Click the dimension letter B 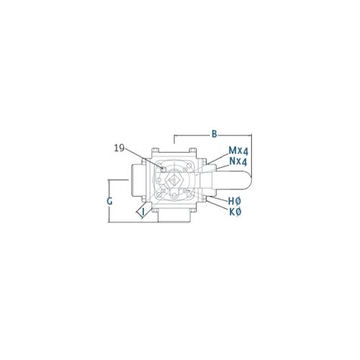click(214, 134)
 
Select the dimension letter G click(109, 201)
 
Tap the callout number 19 click(120, 148)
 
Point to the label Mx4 click(238, 150)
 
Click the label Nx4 click(238, 161)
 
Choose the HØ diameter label click(235, 201)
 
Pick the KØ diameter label click(235, 212)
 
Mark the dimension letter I click(143, 212)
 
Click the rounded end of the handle click(247, 180)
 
